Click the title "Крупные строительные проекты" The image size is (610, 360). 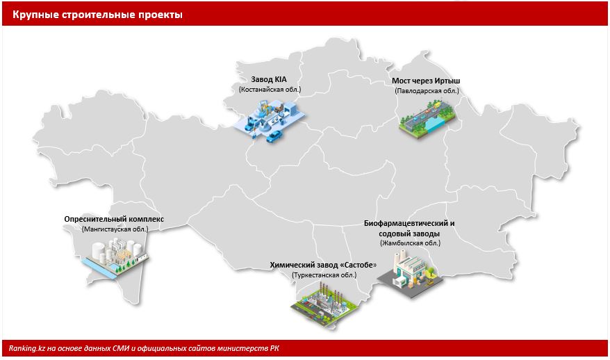tap(97, 15)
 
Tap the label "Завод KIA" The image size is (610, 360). tap(269, 79)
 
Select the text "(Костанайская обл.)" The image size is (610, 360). tap(270, 90)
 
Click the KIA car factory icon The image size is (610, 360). tap(268, 120)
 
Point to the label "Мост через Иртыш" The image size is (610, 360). tap(426, 81)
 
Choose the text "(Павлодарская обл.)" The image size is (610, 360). tap(427, 91)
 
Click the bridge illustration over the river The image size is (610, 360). tap(427, 117)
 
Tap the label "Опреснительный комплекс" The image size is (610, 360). tap(114, 219)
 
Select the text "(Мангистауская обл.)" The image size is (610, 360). tap(115, 229)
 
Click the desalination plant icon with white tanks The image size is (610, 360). tap(115, 258)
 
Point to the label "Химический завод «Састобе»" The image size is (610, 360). tap(323, 265)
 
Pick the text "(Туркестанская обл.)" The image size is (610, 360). tap(324, 275)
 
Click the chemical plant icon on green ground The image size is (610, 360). tap(325, 304)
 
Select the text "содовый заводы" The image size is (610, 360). tap(409, 234)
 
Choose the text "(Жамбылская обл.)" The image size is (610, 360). tap(410, 243)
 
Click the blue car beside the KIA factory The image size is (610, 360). tap(274, 136)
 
